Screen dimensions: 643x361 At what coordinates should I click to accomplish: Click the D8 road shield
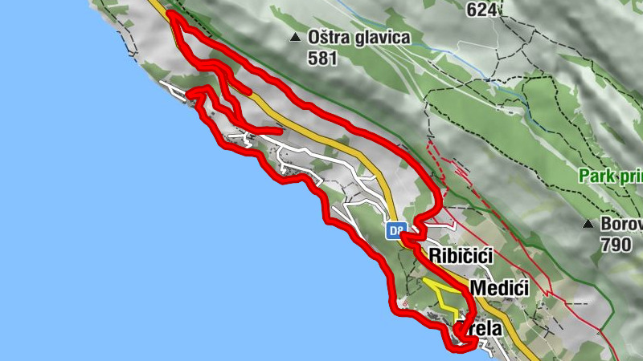click(395, 231)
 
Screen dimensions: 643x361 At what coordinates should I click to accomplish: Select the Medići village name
click(499, 288)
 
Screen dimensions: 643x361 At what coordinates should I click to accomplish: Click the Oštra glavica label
click(359, 37)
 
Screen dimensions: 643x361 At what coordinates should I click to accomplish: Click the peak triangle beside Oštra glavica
click(297, 37)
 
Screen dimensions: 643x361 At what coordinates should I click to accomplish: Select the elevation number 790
click(616, 245)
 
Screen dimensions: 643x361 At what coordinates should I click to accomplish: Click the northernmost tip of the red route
click(171, 14)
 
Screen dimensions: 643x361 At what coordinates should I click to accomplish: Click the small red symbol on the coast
click(404, 304)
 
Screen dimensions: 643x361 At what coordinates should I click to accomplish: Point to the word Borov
click(622, 224)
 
